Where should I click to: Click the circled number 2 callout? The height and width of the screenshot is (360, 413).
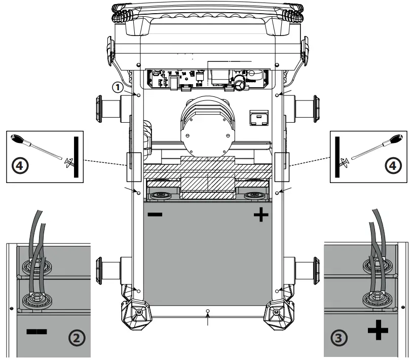tap(76, 337)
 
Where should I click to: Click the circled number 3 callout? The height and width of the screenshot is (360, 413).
tap(337, 337)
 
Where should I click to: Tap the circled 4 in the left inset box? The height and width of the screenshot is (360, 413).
tap(19, 165)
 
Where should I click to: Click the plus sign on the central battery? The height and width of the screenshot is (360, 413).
tap(260, 216)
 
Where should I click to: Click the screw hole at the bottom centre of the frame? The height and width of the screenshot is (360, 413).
tap(208, 309)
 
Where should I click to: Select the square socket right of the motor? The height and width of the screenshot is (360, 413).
tap(258, 118)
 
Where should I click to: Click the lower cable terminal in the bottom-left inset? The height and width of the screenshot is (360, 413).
tap(37, 299)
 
